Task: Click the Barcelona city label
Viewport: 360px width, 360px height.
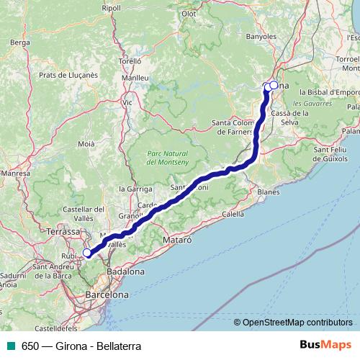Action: point(107,295)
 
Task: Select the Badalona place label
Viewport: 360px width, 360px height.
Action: point(125,272)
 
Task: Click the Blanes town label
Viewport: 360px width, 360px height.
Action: point(267,192)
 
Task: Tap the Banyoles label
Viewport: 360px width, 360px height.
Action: point(261,35)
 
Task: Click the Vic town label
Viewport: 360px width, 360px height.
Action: point(128,102)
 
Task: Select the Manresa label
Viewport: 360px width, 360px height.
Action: point(14,174)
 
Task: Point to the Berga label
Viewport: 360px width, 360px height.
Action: point(19,42)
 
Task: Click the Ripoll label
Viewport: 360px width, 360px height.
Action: point(112,8)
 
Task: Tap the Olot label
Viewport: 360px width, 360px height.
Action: point(189,13)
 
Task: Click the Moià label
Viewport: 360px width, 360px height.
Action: point(86,144)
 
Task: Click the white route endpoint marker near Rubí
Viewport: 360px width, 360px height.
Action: point(87,252)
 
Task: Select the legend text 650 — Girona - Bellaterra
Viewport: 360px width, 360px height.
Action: point(81,345)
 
